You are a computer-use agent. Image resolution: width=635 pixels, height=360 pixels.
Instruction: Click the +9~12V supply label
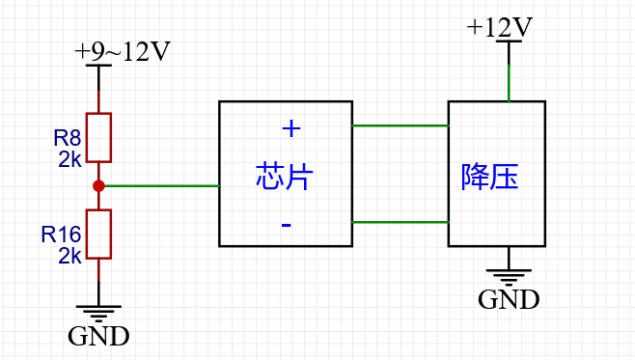pyautogui.click(x=123, y=52)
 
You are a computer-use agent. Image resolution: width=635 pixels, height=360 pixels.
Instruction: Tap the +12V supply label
pyautogui.click(x=500, y=27)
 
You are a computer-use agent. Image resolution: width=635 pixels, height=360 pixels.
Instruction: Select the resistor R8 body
pyautogui.click(x=98, y=137)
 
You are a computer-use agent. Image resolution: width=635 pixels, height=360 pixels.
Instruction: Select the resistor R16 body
pyautogui.click(x=98, y=234)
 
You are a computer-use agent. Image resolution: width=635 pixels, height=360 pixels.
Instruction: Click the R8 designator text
pyautogui.click(x=67, y=138)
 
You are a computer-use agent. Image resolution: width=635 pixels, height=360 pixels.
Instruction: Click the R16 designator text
pyautogui.click(x=61, y=235)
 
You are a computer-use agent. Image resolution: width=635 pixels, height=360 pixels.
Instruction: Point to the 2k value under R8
pyautogui.click(x=69, y=159)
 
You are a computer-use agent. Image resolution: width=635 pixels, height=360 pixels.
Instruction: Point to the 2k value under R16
pyautogui.click(x=69, y=256)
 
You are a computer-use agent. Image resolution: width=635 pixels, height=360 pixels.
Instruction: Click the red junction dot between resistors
pyautogui.click(x=98, y=185)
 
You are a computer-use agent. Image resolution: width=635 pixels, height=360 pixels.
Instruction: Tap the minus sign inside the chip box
pyautogui.click(x=287, y=225)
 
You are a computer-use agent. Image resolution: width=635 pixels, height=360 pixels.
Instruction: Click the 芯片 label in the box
pyautogui.click(x=285, y=177)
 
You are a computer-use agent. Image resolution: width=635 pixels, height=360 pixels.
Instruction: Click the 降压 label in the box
pyautogui.click(x=490, y=178)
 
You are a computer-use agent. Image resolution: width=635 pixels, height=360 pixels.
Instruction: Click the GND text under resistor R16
pyautogui.click(x=98, y=337)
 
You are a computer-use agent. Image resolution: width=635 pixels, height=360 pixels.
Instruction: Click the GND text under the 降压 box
pyautogui.click(x=509, y=299)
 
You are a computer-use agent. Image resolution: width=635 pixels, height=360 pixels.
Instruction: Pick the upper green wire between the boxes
pyautogui.click(x=400, y=125)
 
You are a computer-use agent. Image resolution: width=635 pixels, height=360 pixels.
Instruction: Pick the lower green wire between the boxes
pyautogui.click(x=400, y=222)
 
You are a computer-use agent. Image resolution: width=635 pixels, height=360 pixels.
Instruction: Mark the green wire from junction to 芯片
pyautogui.click(x=160, y=185)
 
